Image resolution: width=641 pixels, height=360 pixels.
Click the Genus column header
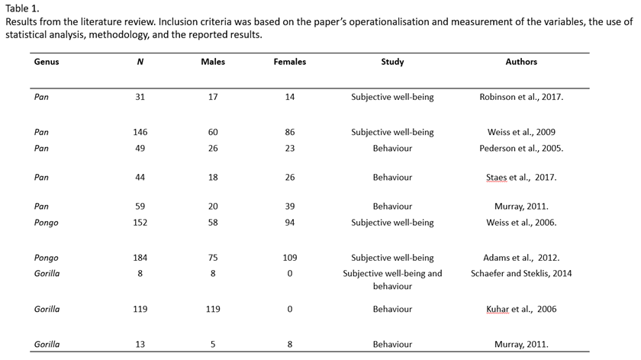click(47, 62)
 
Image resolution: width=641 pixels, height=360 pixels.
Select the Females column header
click(289, 62)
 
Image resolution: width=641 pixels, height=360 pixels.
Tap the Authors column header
click(521, 62)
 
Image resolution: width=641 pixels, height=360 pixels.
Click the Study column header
click(392, 62)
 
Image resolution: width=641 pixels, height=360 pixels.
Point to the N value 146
click(140, 132)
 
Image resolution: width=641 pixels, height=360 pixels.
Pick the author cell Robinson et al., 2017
click(521, 97)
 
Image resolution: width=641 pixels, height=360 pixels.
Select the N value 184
click(140, 258)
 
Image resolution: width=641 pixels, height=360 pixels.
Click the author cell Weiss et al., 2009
click(521, 132)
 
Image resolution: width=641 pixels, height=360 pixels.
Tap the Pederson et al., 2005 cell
click(521, 148)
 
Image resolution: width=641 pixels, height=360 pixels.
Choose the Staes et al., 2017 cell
click(521, 177)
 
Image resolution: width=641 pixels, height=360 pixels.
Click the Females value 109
click(289, 258)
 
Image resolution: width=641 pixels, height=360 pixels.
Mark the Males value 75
click(213, 258)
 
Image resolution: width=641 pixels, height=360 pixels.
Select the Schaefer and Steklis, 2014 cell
click(521, 273)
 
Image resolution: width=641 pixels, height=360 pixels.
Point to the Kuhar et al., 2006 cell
click(521, 309)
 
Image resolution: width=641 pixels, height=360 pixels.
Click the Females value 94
click(289, 223)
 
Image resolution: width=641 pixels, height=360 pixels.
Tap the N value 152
click(140, 223)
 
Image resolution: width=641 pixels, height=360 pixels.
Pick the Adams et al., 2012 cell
click(521, 258)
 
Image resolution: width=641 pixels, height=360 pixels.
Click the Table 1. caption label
click(22, 8)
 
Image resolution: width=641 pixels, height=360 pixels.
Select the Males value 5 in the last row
click(213, 344)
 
